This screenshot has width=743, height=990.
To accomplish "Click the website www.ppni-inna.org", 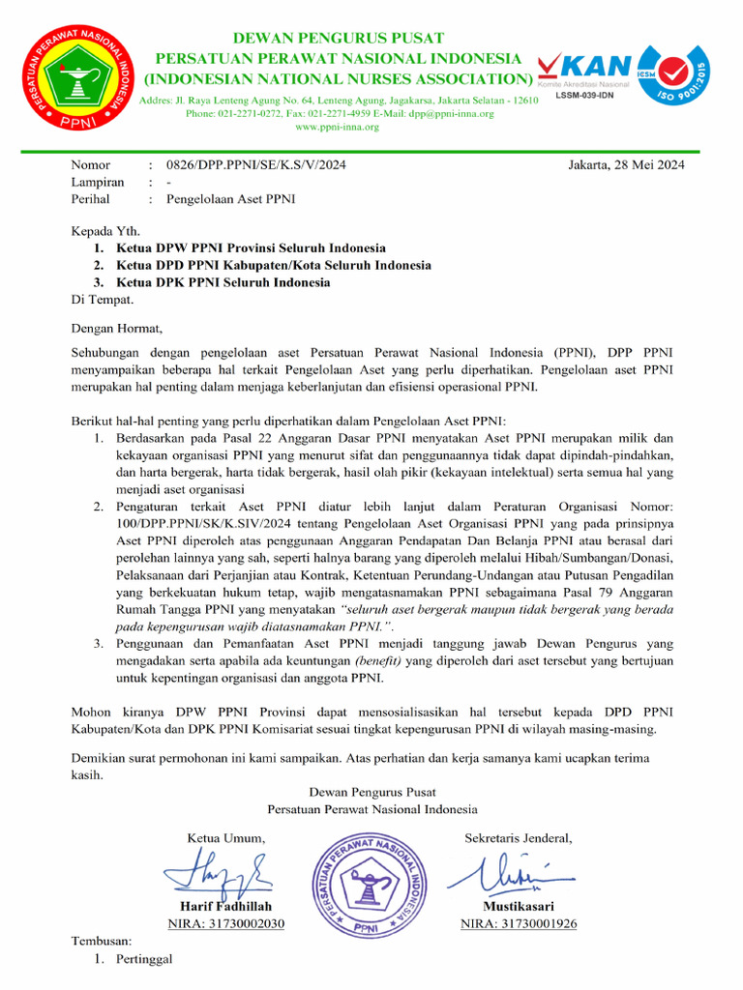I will (x=336, y=127).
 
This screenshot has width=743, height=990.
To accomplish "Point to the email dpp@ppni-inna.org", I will (x=450, y=113).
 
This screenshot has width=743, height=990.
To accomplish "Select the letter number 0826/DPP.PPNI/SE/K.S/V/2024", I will (x=255, y=164).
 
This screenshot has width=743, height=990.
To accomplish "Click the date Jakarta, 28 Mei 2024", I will (x=626, y=164).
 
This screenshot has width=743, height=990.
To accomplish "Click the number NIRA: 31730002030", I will (x=225, y=923).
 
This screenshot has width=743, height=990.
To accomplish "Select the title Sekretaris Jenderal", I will (x=518, y=837).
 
